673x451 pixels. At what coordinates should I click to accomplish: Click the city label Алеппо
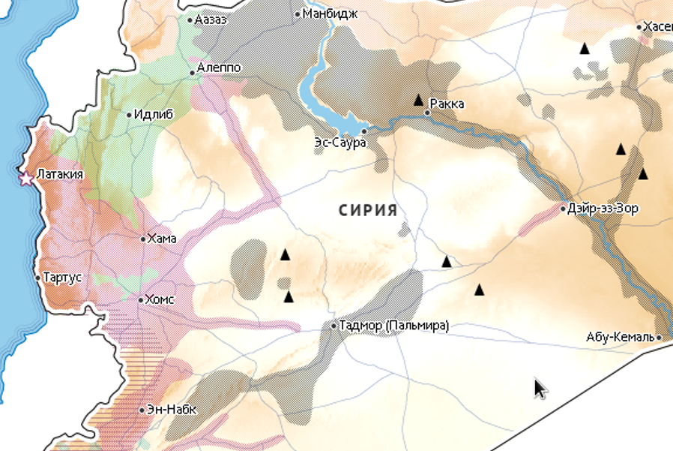point(220,68)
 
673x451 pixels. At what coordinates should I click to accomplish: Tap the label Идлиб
point(154,115)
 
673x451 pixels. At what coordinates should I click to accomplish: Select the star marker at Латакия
point(26,179)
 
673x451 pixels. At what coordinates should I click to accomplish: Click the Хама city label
point(162,239)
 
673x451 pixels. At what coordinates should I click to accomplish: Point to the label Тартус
point(63,277)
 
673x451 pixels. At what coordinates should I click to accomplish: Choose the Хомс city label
point(160,299)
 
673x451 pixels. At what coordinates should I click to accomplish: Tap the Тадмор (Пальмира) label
point(394,326)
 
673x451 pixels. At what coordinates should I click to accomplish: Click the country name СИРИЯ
point(367,211)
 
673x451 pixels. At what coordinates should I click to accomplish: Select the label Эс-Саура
point(339,143)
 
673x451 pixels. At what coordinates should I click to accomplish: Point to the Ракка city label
point(448,104)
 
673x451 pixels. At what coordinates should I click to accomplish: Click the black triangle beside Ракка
point(419,100)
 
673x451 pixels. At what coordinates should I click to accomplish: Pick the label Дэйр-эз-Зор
point(603,209)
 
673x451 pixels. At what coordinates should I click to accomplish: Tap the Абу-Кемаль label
point(621,338)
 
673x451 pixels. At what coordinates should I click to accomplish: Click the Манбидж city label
point(331,14)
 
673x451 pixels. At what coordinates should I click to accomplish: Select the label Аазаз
point(211,20)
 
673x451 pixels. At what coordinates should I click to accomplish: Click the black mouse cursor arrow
point(540,388)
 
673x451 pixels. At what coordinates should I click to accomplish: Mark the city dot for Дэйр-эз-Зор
point(564,209)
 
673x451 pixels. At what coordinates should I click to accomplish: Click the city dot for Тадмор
point(334,326)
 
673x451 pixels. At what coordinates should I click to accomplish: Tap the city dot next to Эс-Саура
point(364,131)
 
